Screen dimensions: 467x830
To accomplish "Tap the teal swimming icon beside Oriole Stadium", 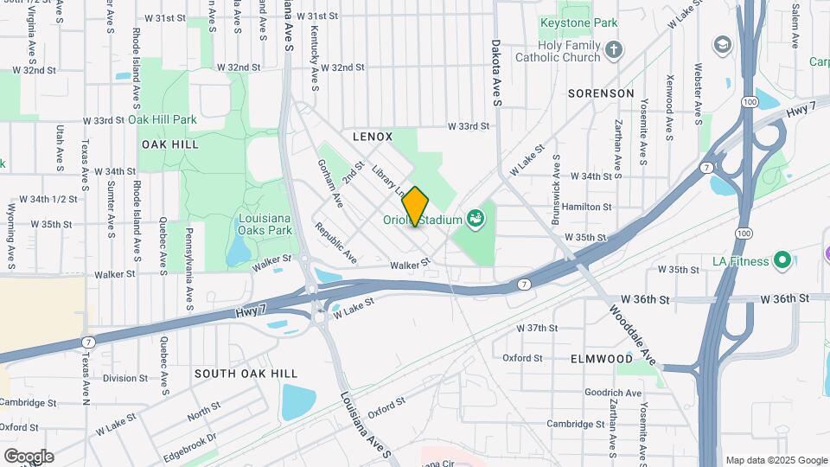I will pos(474,220).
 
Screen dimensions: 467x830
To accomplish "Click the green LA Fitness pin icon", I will pos(783,259).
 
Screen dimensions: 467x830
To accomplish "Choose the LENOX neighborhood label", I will pos(373,137).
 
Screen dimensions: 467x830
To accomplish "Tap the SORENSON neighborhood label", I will pos(601,93).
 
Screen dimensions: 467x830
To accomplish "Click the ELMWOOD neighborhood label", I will pos(602,358).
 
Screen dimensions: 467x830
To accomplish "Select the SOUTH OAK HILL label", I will pos(246,374).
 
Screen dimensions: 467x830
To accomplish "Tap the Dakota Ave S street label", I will pos(497,72).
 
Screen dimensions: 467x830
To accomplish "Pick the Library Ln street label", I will pos(389,179).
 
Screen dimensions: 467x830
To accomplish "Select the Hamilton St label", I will pos(586,208).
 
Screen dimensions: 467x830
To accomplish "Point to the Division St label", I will pos(125,378).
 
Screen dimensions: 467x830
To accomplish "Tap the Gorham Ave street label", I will pos(331,182).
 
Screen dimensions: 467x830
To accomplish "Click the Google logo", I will pos(29,457).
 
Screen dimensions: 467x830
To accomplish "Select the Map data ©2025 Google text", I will pos(776,460).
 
